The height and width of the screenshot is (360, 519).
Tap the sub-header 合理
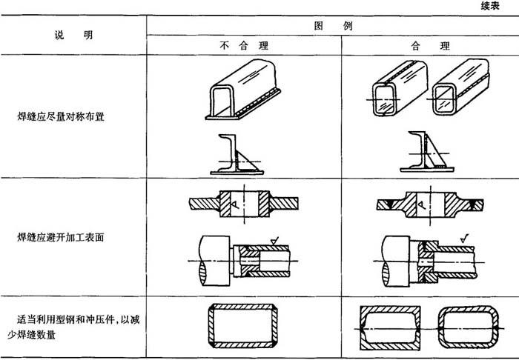point(429,46)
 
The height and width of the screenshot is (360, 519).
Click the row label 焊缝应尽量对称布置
point(62,117)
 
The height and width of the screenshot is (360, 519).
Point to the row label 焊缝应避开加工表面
point(62,239)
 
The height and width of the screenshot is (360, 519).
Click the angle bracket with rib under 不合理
point(235,156)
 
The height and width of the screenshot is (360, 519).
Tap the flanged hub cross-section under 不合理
point(243,204)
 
